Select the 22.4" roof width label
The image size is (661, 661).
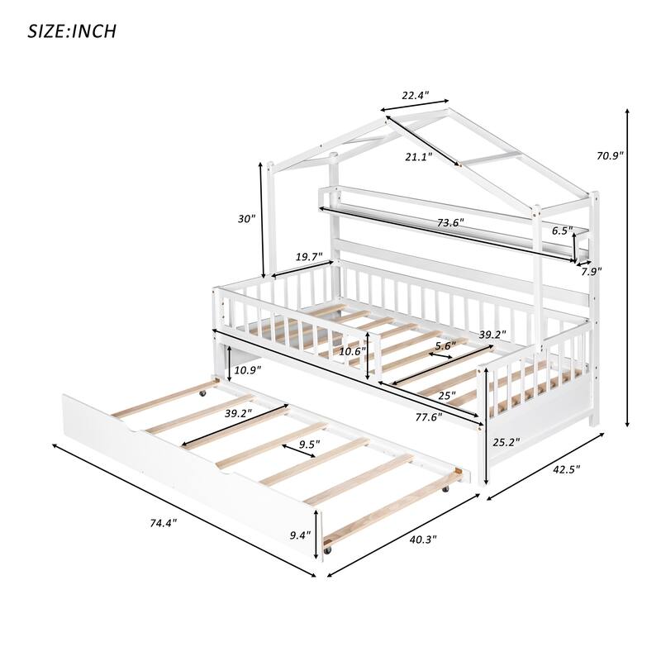coord(415,97)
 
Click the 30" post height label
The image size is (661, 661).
coord(246,219)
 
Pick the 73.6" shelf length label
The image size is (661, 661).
coord(450,222)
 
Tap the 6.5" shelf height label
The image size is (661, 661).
coord(563,231)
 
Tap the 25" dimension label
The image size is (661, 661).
coord(446,395)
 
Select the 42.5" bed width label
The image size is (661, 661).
coord(566,469)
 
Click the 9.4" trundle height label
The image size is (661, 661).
coord(298,535)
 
